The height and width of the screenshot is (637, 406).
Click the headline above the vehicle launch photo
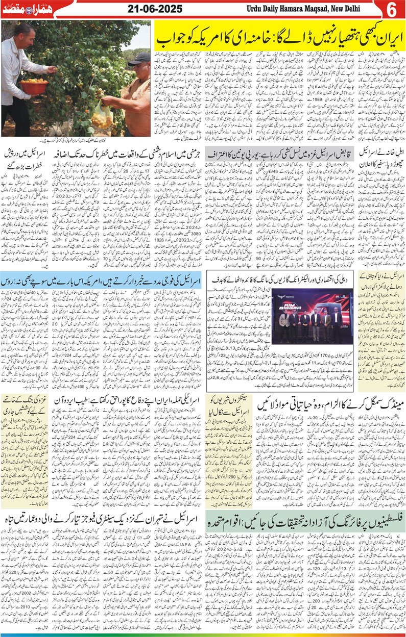tap(287, 279)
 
